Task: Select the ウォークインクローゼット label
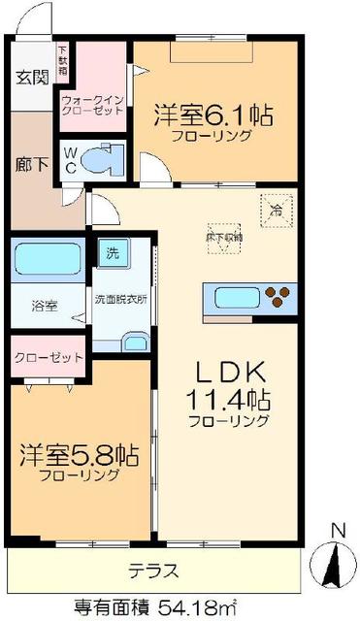pos(91,105)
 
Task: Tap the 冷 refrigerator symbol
pos(275,208)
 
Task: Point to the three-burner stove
pos(278,298)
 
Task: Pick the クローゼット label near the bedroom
pos(48,357)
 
